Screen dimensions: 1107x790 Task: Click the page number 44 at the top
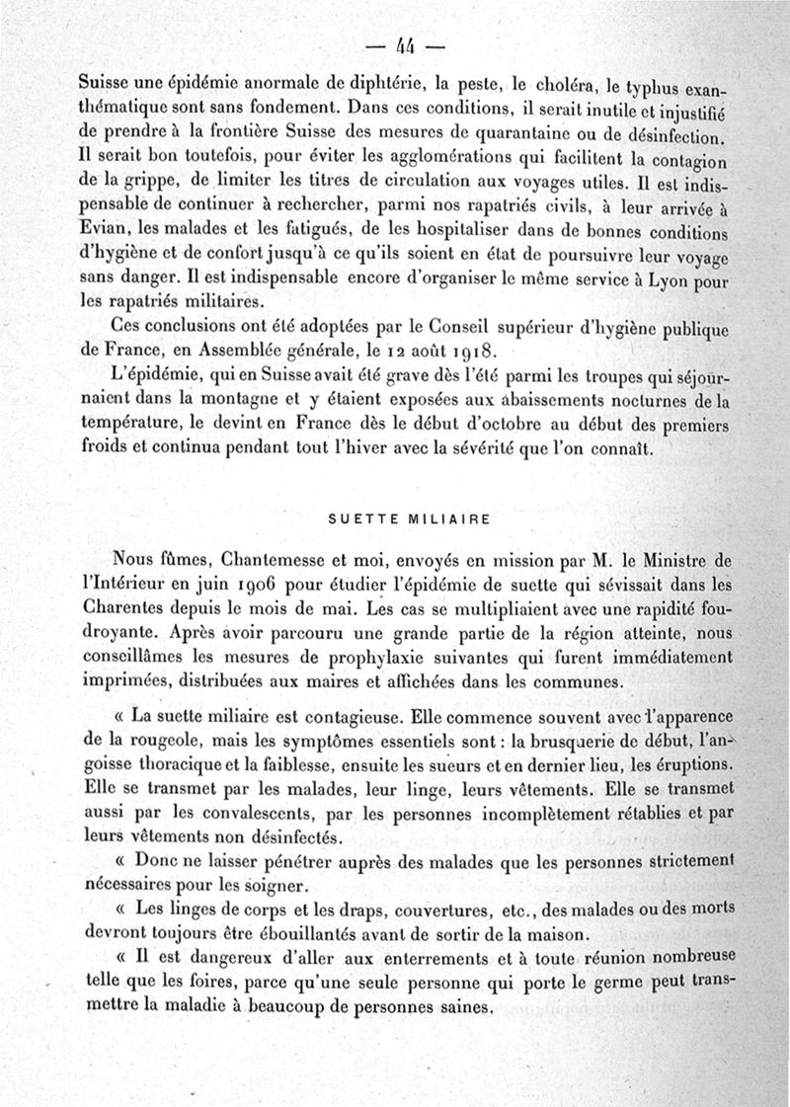tap(405, 44)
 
